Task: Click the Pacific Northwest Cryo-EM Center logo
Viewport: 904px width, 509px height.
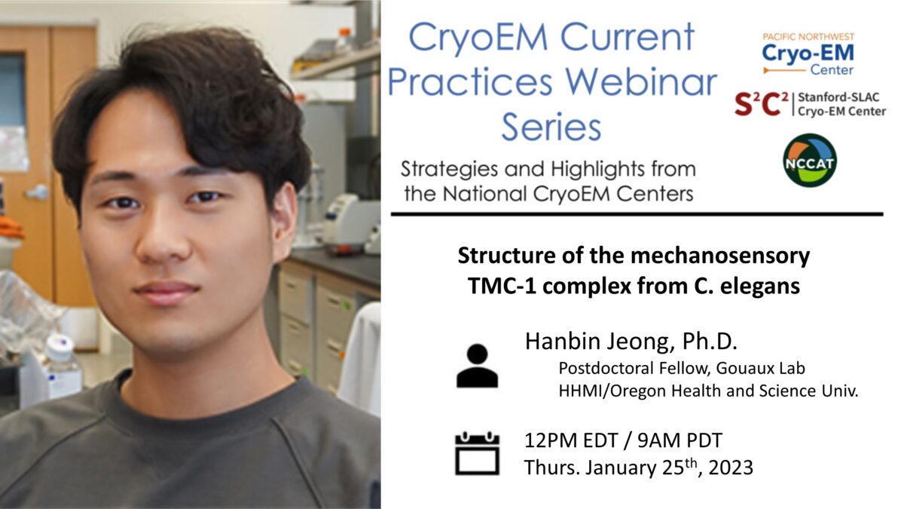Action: click(x=808, y=54)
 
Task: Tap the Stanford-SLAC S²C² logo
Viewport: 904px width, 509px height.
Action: click(x=809, y=104)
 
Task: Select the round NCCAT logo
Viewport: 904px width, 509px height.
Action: click(x=809, y=160)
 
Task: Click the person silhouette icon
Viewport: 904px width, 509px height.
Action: click(x=477, y=366)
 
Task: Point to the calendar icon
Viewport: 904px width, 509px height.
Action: click(x=477, y=452)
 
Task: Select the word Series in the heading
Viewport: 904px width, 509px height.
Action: click(x=551, y=126)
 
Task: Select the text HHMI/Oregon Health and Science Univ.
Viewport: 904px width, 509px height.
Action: click(x=708, y=391)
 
